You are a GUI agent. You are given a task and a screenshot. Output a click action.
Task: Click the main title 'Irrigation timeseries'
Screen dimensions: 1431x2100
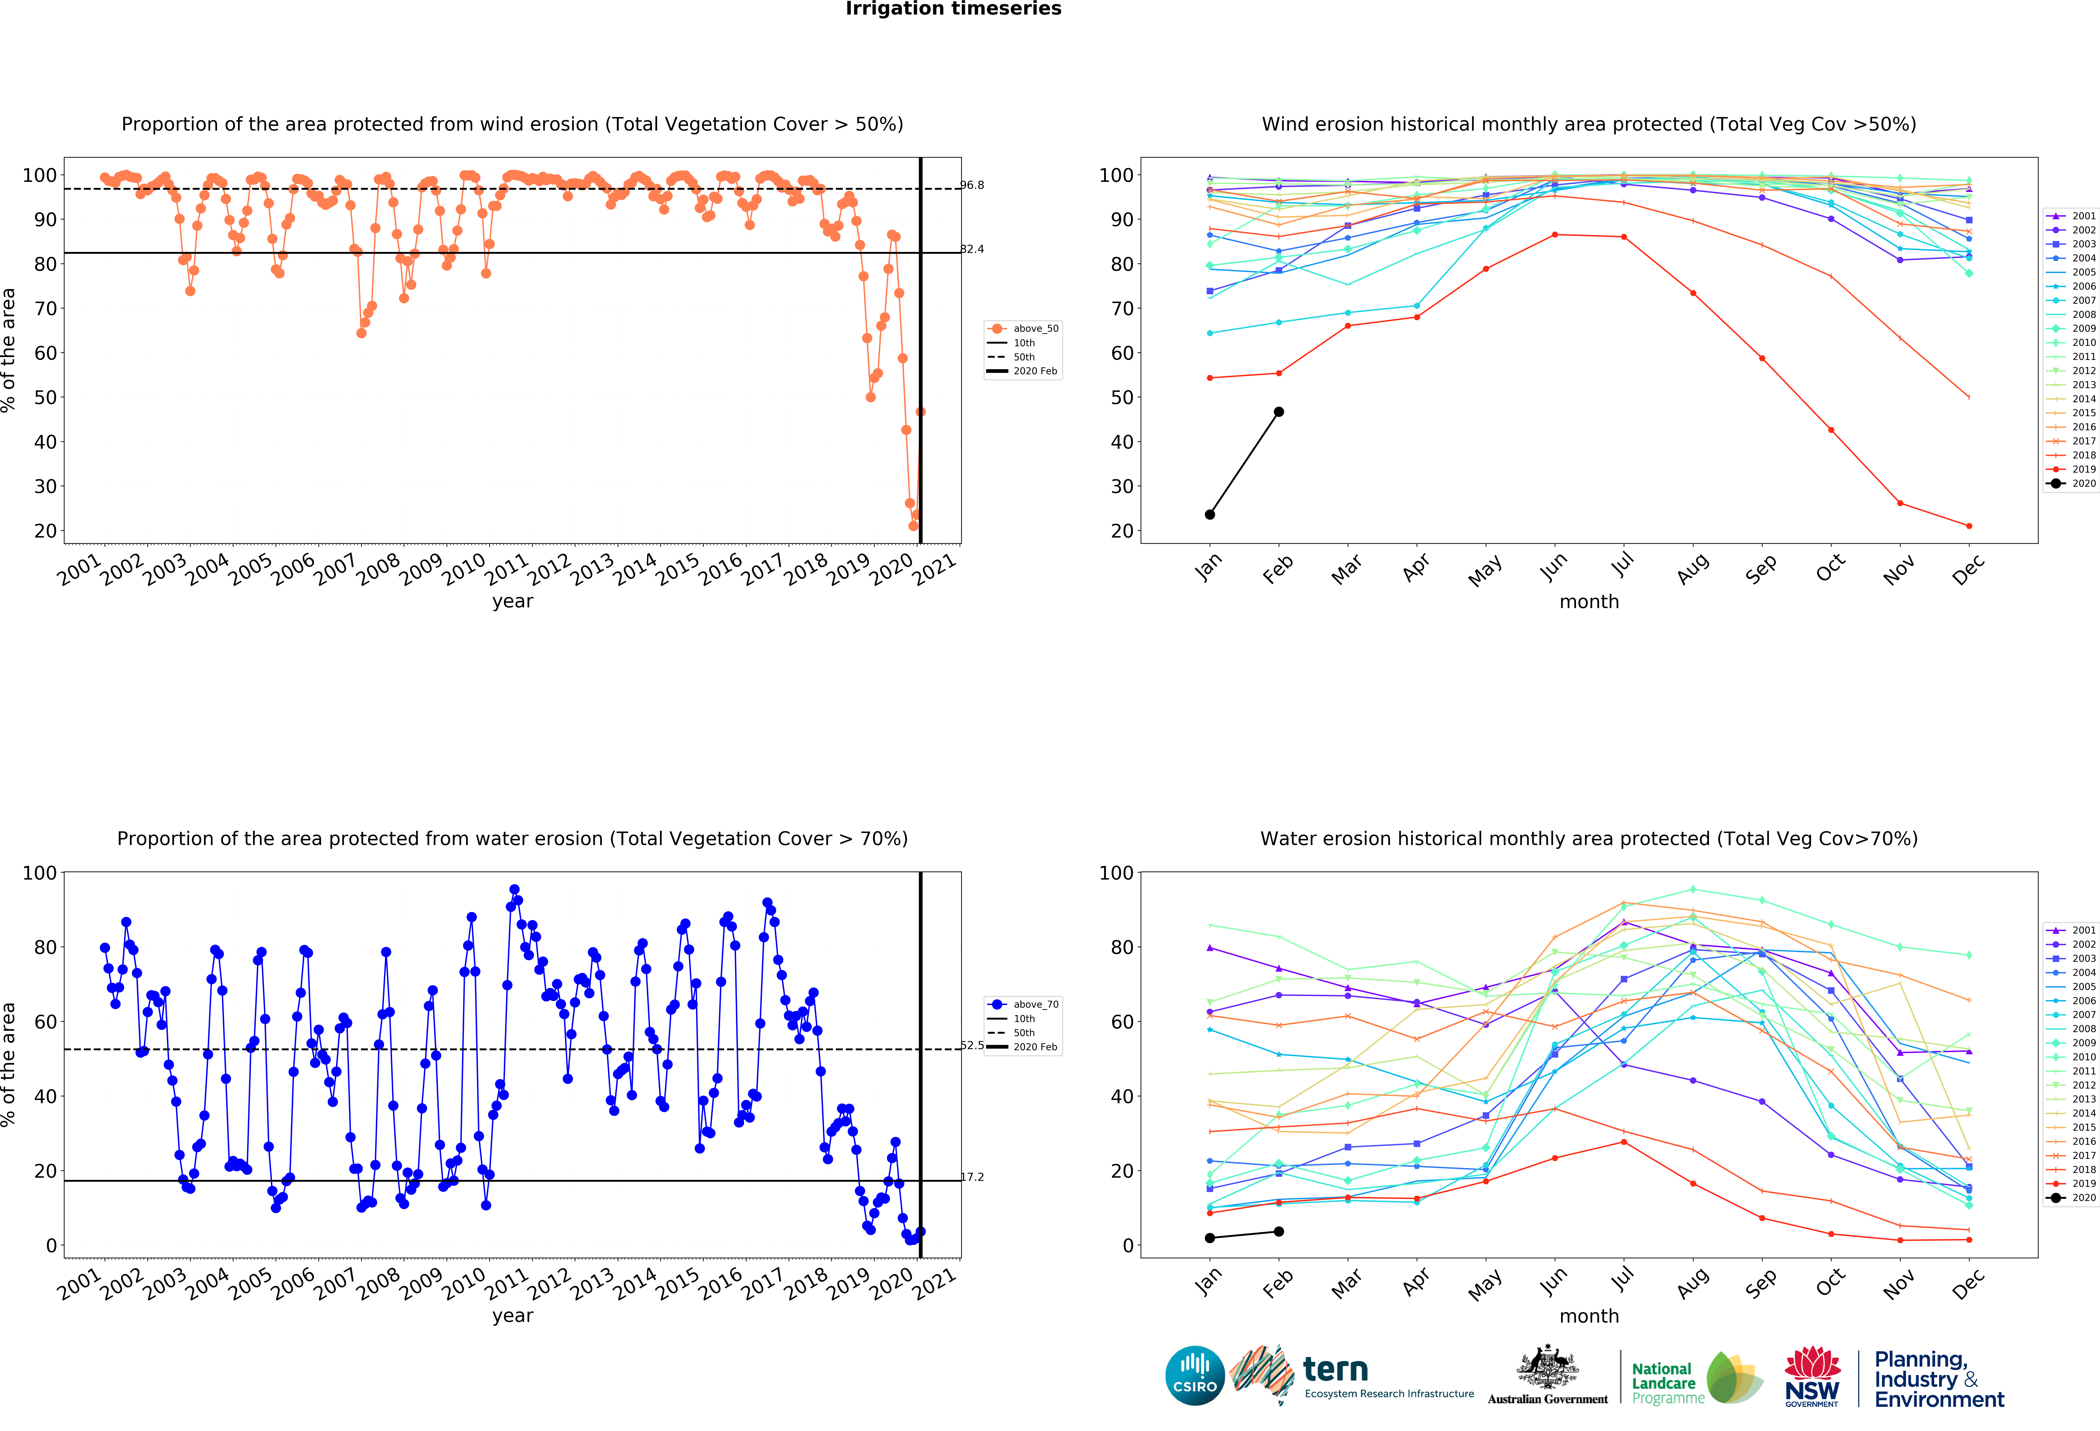953,9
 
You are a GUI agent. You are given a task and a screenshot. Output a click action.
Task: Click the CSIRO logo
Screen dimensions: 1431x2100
1195,1376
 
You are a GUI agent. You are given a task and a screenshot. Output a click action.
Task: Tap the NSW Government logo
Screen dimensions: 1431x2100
1812,1376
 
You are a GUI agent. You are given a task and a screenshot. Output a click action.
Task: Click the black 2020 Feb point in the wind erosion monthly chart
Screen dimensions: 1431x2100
1279,412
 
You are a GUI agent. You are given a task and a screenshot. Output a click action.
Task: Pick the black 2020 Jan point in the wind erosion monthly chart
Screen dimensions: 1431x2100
1210,515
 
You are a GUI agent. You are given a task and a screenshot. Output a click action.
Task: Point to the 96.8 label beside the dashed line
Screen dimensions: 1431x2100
972,185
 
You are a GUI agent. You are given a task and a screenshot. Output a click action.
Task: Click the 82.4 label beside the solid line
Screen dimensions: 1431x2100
972,249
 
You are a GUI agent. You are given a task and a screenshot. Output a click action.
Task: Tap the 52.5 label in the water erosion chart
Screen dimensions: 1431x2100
972,1045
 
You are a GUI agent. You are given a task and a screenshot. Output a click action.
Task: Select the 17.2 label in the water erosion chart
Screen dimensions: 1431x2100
972,1177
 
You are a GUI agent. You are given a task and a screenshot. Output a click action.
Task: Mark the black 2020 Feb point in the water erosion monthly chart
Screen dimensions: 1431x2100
1279,1231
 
